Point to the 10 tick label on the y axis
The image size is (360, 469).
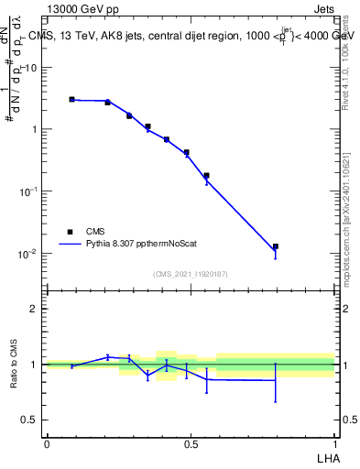click(33, 68)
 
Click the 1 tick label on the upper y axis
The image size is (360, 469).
click(38, 129)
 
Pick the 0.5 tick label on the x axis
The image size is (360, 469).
click(191, 444)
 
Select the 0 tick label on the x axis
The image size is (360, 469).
click(46, 444)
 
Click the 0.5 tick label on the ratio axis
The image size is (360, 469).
click(31, 420)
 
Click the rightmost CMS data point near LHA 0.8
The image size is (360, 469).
click(276, 246)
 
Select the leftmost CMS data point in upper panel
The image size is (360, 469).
click(71, 99)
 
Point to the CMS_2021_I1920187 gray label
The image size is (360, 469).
click(191, 274)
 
